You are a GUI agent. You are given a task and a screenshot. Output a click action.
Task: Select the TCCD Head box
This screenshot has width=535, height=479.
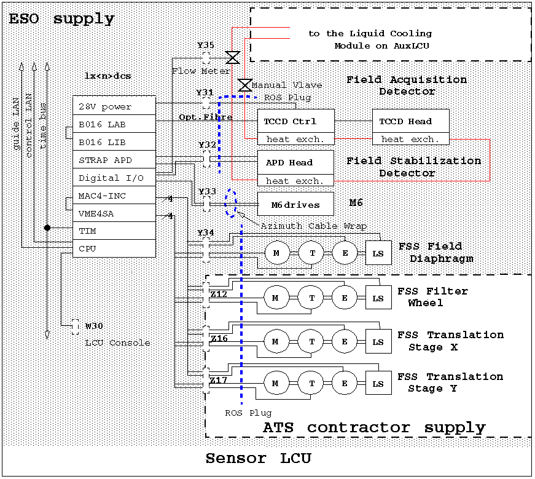(x=410, y=121)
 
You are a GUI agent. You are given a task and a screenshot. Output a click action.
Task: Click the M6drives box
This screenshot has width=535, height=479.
(x=295, y=204)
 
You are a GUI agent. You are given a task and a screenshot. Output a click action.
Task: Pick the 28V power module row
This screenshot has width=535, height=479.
(x=114, y=106)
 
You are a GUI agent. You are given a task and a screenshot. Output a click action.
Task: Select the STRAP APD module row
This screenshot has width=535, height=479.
(x=114, y=160)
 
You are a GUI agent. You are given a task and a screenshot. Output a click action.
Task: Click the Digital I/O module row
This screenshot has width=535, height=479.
(x=114, y=178)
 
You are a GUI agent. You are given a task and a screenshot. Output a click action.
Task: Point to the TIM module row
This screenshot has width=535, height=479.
(x=114, y=231)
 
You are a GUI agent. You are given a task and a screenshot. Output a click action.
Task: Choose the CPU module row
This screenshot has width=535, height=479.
(x=114, y=249)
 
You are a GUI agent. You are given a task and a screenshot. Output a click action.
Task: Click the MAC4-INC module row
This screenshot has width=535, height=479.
(x=114, y=196)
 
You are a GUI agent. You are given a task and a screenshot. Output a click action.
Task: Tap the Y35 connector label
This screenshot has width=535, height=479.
(x=206, y=46)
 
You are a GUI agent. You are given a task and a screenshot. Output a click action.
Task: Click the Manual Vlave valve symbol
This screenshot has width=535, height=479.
(x=244, y=85)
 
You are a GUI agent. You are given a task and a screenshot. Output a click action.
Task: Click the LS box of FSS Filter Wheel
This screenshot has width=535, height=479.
(x=378, y=298)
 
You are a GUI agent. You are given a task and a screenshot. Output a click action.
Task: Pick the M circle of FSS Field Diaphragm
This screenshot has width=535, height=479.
(x=275, y=252)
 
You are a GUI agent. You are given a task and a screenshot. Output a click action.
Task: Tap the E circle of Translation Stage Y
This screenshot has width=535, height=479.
(x=345, y=384)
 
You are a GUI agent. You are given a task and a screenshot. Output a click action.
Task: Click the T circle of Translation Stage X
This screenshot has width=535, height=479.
(x=311, y=341)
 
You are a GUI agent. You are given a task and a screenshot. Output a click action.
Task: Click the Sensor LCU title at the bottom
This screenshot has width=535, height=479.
(x=258, y=458)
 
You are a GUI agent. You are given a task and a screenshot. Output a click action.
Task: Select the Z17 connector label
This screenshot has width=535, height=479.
(x=218, y=381)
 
